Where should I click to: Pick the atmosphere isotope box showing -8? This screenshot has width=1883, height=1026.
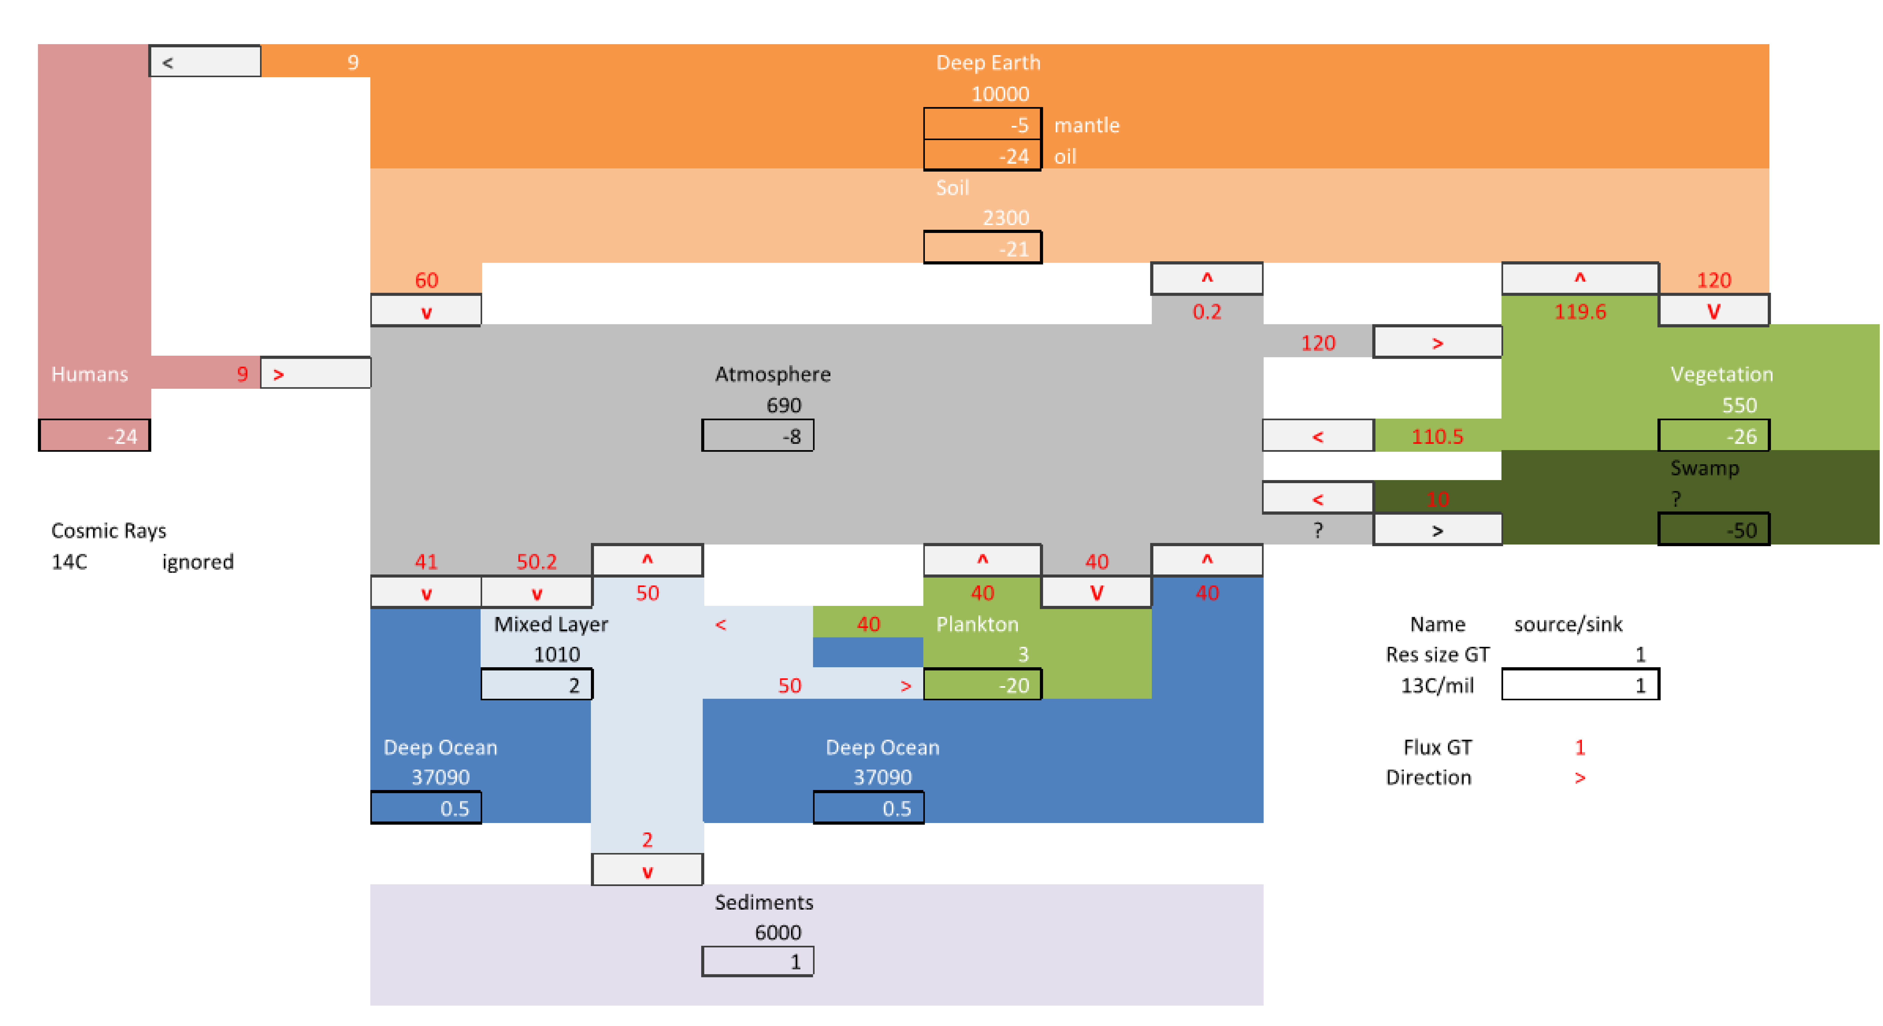tap(757, 436)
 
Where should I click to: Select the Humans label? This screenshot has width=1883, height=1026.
tap(89, 374)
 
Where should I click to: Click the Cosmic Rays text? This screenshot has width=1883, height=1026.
tap(108, 531)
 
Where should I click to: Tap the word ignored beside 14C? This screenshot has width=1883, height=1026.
tap(197, 562)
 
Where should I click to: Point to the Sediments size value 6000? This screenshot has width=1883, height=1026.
tap(778, 933)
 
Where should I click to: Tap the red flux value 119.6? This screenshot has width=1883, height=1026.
tap(1580, 312)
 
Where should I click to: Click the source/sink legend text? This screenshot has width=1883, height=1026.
tap(1567, 624)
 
